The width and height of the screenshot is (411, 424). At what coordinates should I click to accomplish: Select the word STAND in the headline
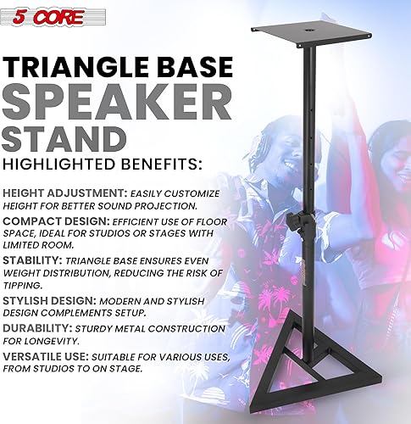pyautogui.click(x=58, y=140)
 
